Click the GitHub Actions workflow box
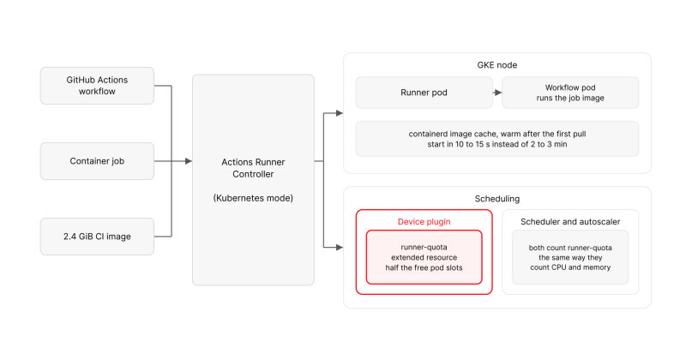[97, 86]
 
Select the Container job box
[97, 161]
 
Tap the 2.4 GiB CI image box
[97, 237]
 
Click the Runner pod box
[424, 93]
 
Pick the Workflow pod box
[570, 93]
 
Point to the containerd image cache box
[497, 139]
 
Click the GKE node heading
[497, 65]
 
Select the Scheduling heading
[497, 199]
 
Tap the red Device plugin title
[424, 222]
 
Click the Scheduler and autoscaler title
[570, 222]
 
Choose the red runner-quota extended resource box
[424, 257]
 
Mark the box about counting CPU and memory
[570, 257]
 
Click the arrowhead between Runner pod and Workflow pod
[498, 93]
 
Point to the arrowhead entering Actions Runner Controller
[189, 161]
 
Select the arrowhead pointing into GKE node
[340, 113]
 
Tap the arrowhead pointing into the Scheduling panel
[340, 247]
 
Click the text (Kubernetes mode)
[253, 198]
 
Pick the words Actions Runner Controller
[253, 168]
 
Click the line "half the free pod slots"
[424, 267]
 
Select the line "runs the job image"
[570, 98]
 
